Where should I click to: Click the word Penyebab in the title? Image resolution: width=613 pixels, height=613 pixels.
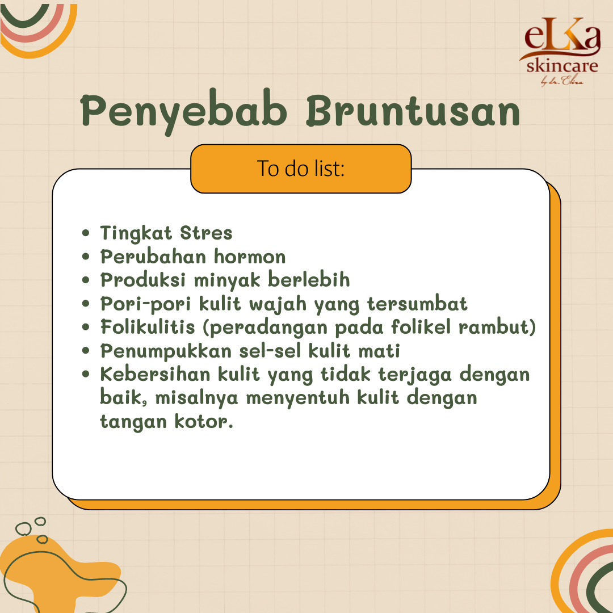[184, 112]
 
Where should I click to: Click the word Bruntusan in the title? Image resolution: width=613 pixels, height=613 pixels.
[413, 111]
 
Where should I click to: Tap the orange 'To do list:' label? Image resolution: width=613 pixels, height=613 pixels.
[301, 169]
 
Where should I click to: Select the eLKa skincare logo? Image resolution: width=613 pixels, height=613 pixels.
[560, 51]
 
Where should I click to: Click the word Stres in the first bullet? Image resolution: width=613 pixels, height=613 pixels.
[206, 233]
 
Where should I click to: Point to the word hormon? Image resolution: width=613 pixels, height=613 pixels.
[250, 257]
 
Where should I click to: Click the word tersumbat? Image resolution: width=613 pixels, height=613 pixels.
[417, 304]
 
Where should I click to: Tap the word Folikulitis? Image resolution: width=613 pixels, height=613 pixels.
[148, 327]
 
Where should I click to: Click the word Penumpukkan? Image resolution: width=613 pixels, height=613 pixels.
[166, 351]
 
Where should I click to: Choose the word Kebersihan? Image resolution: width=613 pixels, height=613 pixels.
[155, 374]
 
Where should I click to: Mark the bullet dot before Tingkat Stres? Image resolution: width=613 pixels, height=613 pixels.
[86, 233]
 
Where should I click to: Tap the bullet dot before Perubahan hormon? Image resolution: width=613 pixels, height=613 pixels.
[86, 257]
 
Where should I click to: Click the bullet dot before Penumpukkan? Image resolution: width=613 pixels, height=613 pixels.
[86, 351]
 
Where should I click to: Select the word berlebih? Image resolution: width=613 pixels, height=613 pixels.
[309, 280]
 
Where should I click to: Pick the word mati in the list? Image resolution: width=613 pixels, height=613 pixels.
[379, 351]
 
